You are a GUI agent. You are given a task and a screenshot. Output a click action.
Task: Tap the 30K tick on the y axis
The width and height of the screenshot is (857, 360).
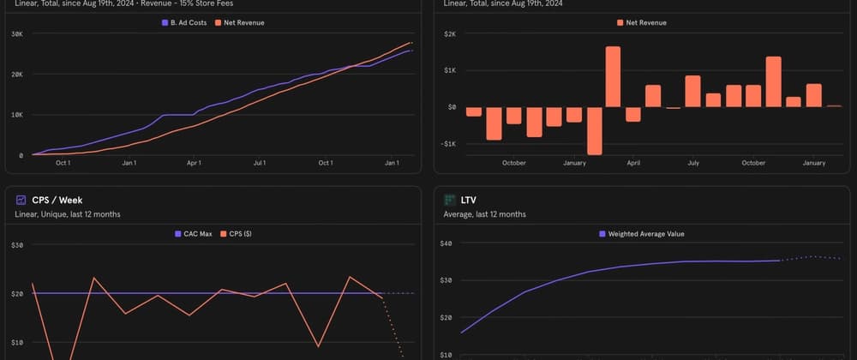[x=16, y=33]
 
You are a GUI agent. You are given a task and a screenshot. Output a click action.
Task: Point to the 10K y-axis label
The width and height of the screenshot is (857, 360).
[x=16, y=115]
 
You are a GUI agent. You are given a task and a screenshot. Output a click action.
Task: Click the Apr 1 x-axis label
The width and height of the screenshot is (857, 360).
[x=194, y=163]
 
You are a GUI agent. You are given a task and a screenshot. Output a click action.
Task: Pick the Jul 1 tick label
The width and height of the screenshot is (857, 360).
[x=259, y=163]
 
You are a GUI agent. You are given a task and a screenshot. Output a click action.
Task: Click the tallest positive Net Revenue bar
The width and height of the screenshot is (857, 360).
[x=612, y=76]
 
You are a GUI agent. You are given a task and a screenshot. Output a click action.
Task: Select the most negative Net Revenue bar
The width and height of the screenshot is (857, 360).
[x=594, y=130]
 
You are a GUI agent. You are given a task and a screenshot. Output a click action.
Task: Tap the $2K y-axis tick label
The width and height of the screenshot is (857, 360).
[x=450, y=33]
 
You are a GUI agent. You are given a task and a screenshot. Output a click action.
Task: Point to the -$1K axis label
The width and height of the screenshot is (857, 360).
[x=448, y=144]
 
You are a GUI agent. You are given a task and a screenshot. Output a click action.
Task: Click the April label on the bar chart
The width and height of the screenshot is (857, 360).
[x=633, y=163]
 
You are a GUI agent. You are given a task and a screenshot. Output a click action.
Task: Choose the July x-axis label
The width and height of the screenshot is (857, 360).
[x=692, y=163]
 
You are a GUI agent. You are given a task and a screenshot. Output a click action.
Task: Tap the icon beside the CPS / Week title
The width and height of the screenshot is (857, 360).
[x=21, y=199]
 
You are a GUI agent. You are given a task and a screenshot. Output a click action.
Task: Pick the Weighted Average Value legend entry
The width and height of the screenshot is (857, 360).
[x=645, y=233]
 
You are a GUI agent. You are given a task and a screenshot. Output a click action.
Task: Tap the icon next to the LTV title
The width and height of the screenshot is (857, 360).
[x=450, y=199]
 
